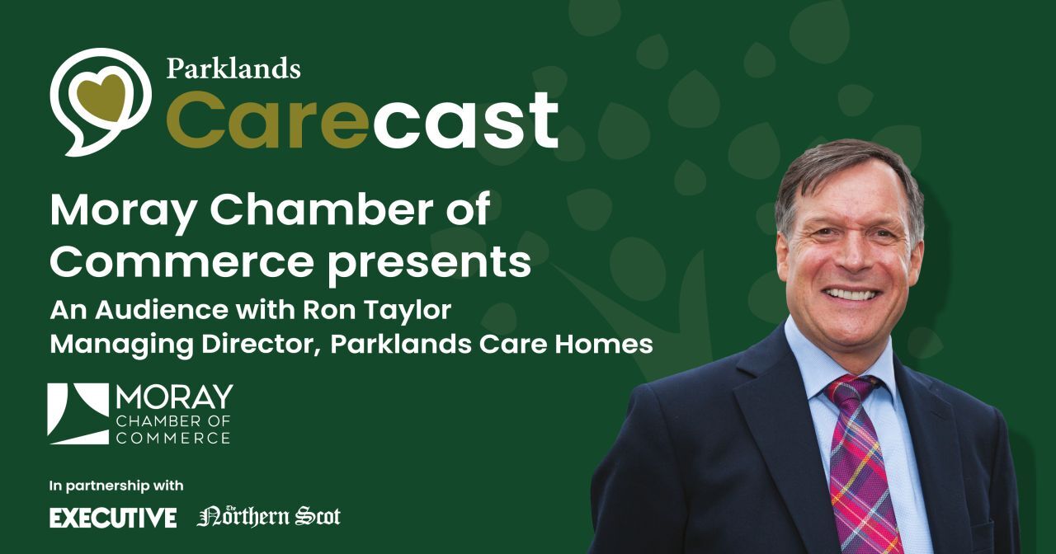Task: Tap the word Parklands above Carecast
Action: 233,68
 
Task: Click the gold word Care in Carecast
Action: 266,120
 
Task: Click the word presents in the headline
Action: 429,262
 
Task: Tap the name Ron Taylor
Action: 377,311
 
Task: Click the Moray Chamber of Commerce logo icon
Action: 78,414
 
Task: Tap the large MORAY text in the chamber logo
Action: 174,397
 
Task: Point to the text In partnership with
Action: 116,486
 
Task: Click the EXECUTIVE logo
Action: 113,517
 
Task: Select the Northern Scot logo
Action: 269,516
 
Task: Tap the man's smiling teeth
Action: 851,294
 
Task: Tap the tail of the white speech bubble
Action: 75,143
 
